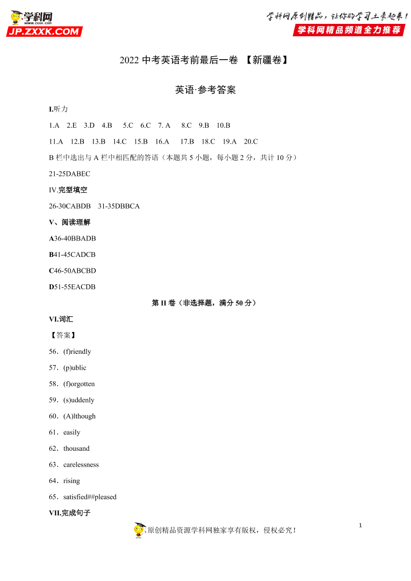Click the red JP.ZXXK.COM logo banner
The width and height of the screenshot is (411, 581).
pyautogui.click(x=44, y=32)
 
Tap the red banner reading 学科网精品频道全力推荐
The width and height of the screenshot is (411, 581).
pyautogui.click(x=349, y=30)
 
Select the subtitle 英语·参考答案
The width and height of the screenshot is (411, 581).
pyautogui.click(x=205, y=90)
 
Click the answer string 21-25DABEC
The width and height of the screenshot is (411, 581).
pyautogui.click(x=70, y=174)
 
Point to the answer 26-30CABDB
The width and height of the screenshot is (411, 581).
pyautogui.click(x=70, y=206)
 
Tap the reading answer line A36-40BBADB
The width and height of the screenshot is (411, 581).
pyautogui.click(x=73, y=239)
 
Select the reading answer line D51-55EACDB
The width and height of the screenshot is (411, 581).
pyautogui.click(x=73, y=287)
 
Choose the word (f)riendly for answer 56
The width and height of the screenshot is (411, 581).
pyautogui.click(x=77, y=352)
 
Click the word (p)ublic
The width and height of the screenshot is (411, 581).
pyautogui.click(x=75, y=368)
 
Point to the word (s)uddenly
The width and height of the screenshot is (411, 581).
pyautogui.click(x=79, y=400)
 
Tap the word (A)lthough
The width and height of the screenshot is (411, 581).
pyautogui.click(x=80, y=416)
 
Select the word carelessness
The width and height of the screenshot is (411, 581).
pyautogui.click(x=81, y=465)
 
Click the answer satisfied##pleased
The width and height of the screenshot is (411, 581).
pyautogui.click(x=90, y=497)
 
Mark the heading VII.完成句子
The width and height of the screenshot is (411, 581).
pyautogui.click(x=70, y=513)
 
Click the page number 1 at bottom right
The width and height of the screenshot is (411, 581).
pyautogui.click(x=360, y=525)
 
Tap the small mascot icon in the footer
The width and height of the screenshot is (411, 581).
pyautogui.click(x=140, y=530)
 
